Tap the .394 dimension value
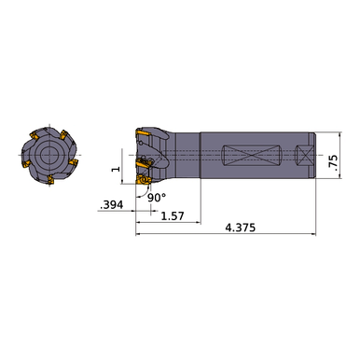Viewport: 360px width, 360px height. point(110,203)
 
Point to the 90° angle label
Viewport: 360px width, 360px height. point(156,198)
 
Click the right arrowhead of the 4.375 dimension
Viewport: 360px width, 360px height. point(314,235)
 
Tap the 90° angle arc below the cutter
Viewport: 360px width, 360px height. point(145,191)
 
